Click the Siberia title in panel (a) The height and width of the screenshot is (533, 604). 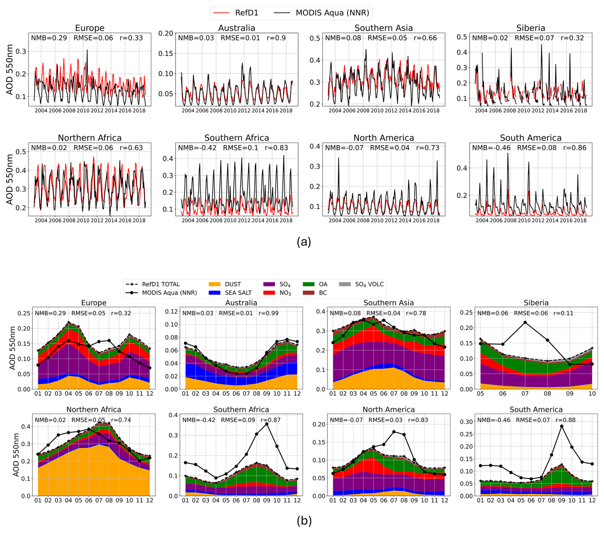click(531, 28)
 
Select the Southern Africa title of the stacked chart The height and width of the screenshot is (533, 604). click(241, 410)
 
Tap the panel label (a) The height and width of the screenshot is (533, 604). click(304, 242)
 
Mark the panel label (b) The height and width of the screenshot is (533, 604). click(304, 521)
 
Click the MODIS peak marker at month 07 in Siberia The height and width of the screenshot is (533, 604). click(525, 323)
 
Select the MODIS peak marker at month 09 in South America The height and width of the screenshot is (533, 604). click(562, 426)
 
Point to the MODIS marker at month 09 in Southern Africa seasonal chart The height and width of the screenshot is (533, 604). click(267, 424)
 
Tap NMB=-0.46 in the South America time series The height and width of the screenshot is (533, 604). click(491, 148)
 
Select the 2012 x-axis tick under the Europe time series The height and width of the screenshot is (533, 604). click(97, 111)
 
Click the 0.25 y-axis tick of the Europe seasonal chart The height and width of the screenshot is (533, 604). click(24, 313)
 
